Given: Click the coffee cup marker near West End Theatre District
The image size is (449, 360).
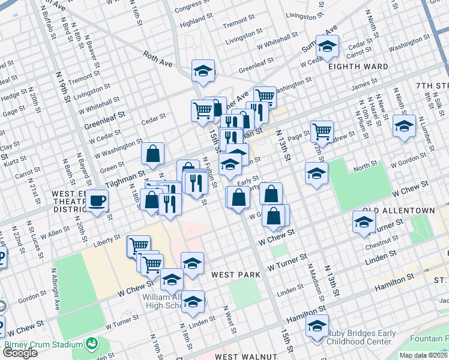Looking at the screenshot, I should (x=97, y=202).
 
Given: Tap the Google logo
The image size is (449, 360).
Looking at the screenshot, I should (x=20, y=353).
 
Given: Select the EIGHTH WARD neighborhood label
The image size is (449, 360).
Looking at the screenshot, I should (x=358, y=67).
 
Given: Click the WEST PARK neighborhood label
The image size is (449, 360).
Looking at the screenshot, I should (x=235, y=275).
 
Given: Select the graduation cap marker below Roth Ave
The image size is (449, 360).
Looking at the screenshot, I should (x=203, y=71).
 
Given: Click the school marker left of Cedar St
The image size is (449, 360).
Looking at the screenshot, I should (x=327, y=46).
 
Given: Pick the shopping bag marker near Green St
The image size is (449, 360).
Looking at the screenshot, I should (x=153, y=154).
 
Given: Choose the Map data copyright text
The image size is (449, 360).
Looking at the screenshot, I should (x=424, y=355).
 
